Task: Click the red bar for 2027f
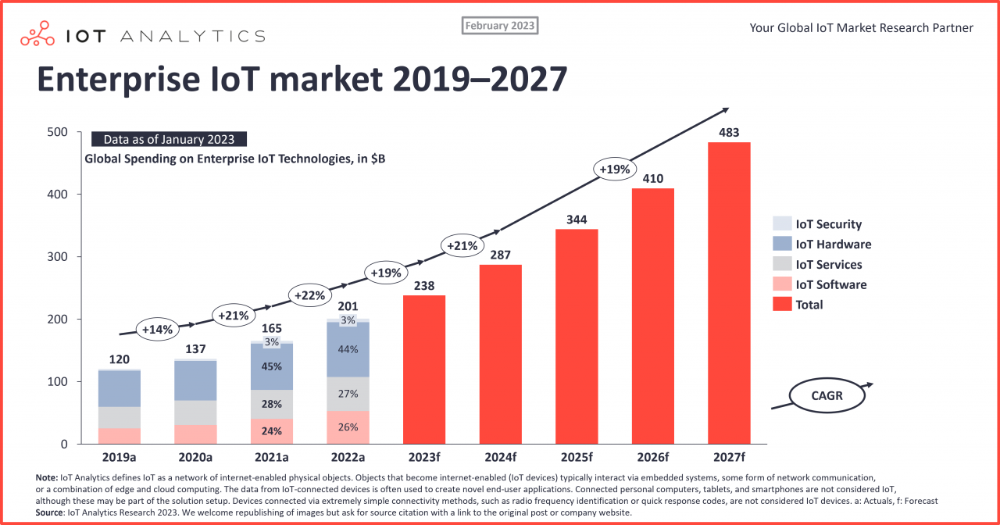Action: (x=729, y=293)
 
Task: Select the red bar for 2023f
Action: (x=424, y=370)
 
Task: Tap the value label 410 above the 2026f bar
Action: (x=652, y=179)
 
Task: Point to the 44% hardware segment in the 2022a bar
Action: (x=348, y=350)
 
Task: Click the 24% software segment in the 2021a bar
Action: (x=272, y=430)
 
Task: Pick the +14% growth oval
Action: (x=156, y=329)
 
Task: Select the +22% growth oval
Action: (x=309, y=295)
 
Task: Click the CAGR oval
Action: (x=827, y=395)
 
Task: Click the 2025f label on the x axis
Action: (x=577, y=457)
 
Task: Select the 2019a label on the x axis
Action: (x=120, y=457)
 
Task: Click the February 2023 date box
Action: (x=500, y=26)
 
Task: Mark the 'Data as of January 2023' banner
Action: (x=169, y=140)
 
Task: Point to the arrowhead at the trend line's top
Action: (x=725, y=110)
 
